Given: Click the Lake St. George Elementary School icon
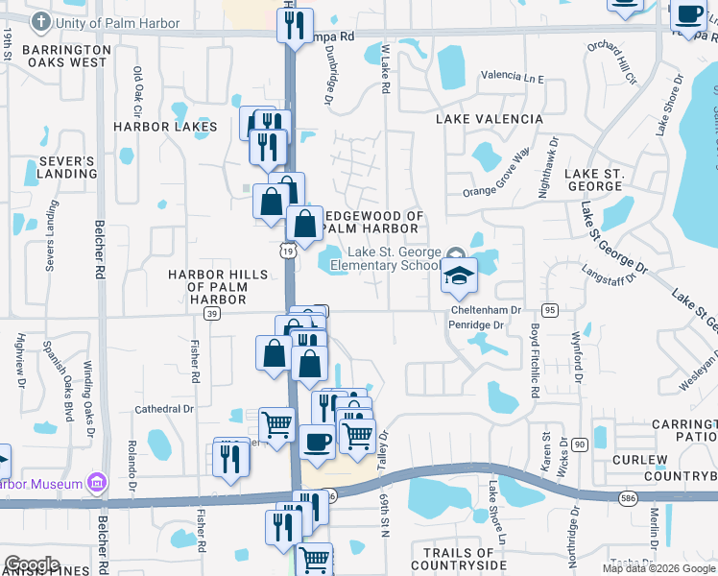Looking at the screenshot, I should [x=459, y=276].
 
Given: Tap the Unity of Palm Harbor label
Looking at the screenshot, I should [x=117, y=22].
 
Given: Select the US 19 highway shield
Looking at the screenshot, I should [x=288, y=251].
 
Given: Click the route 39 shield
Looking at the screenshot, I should [x=212, y=313].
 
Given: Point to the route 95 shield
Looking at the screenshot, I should [x=550, y=309].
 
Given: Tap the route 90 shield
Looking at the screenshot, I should [x=579, y=444].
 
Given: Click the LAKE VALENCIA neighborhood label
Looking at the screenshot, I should [x=489, y=119].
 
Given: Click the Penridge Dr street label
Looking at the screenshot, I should [x=476, y=325].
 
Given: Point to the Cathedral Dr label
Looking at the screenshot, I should [x=163, y=408].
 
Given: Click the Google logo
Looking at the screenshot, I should [x=32, y=564].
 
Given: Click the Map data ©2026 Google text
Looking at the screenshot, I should [x=658, y=568].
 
